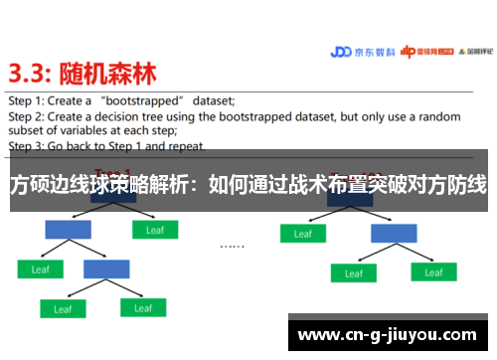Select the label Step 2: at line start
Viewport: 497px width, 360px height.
click(x=27, y=115)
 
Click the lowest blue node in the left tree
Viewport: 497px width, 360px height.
click(x=106, y=269)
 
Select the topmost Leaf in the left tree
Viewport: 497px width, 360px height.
click(x=155, y=230)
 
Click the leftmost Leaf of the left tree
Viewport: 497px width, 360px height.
click(x=41, y=269)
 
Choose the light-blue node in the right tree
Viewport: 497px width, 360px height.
click(x=394, y=233)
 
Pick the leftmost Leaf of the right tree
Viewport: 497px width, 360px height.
click(x=301, y=234)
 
